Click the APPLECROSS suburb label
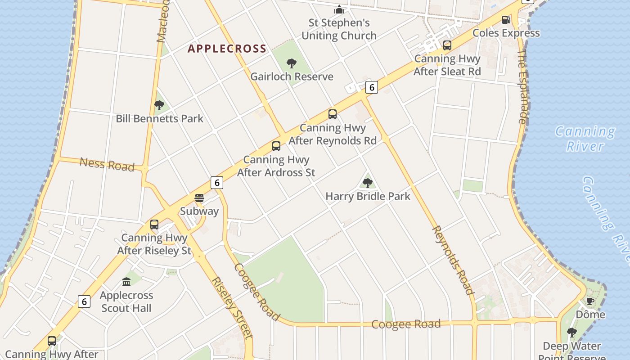tap(227, 49)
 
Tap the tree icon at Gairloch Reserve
tap(292, 63)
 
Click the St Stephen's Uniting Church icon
tap(339, 9)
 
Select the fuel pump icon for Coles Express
tap(506, 19)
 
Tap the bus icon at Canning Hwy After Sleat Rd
tap(447, 45)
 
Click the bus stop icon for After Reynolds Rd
tap(332, 114)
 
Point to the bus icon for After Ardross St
tap(276, 146)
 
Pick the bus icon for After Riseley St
tap(154, 225)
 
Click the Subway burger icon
tap(199, 198)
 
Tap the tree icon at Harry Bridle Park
tap(367, 183)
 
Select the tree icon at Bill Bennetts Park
tap(159, 105)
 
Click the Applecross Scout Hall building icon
tap(126, 282)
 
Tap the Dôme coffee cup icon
tap(590, 301)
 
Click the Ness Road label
tap(107, 164)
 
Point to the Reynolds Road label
tap(453, 260)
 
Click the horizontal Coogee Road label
tap(405, 324)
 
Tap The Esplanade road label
tap(522, 86)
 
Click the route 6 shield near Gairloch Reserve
tap(371, 87)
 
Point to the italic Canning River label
tap(585, 139)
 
